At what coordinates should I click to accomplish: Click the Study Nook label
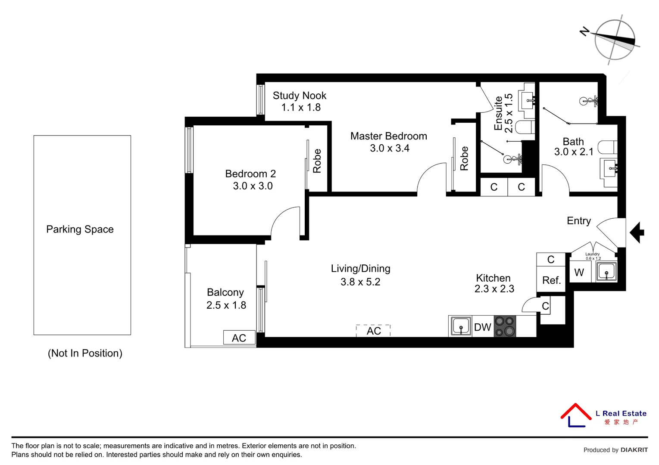299,96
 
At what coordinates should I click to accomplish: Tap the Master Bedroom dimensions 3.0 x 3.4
389,149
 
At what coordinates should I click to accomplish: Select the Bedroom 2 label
250,174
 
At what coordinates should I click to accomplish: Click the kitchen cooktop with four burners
505,326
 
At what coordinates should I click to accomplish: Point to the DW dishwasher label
482,327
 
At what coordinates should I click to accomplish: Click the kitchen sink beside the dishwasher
460,326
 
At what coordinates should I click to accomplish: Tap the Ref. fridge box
551,280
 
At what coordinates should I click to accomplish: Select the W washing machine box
579,273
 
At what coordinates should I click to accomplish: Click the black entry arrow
637,232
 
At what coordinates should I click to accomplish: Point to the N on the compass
584,31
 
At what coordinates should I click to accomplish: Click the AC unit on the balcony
239,338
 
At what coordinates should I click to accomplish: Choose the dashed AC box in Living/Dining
373,331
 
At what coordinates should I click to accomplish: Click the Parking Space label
80,229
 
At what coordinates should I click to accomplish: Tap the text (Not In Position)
85,353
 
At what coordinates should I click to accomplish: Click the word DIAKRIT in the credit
634,450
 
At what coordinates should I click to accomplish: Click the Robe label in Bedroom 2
317,161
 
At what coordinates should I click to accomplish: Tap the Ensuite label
498,113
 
